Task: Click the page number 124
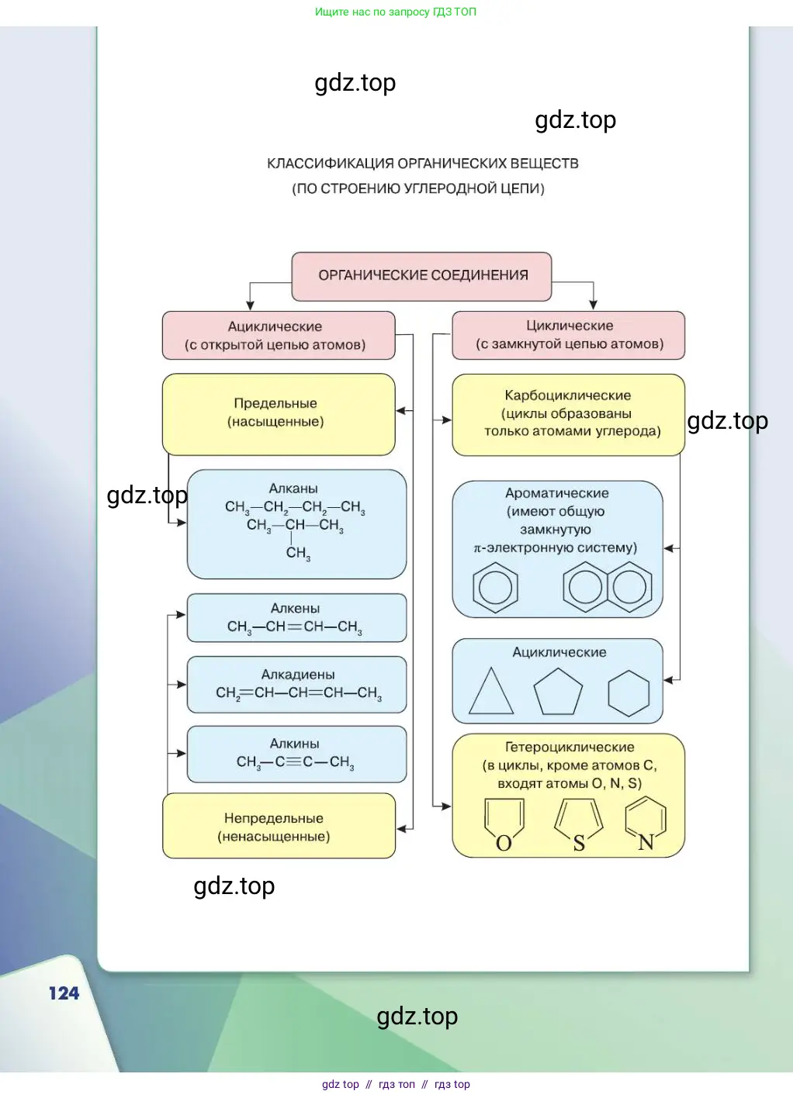point(64,993)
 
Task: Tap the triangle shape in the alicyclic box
point(490,692)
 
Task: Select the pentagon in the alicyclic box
point(558,692)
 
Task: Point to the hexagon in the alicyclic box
point(629,692)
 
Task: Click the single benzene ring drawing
point(495,588)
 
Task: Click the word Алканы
point(293,489)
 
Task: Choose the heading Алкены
point(295,609)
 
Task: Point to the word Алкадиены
point(298,675)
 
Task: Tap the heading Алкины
point(294,744)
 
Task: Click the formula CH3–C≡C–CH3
point(295,762)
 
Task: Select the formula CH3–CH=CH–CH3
point(294,627)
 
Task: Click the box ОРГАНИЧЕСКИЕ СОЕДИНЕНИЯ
point(422,276)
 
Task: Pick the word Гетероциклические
point(570,748)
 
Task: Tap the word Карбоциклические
point(568,395)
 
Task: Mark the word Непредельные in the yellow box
point(274,818)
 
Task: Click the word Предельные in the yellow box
point(275,403)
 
